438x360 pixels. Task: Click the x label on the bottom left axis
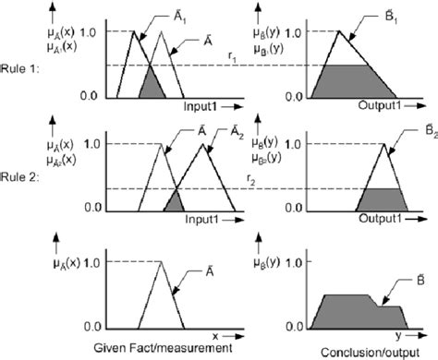(x=214, y=335)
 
